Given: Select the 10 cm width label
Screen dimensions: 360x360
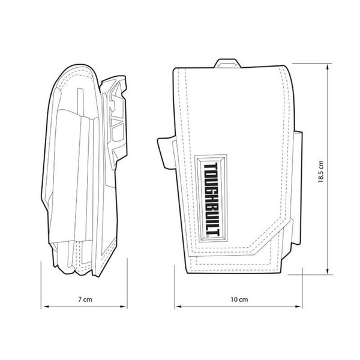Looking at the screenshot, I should [x=239, y=298].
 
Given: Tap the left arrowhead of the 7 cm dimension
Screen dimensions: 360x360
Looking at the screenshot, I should [x=50, y=307].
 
